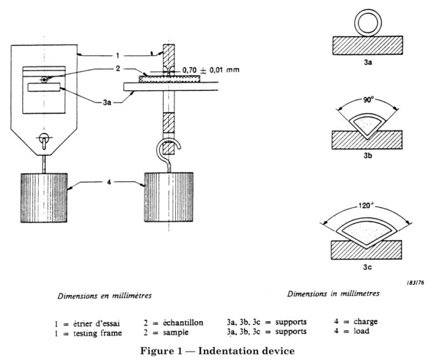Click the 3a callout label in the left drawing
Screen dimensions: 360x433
click(120, 92)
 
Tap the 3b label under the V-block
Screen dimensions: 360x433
click(367, 156)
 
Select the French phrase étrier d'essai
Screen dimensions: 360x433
click(103, 322)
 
